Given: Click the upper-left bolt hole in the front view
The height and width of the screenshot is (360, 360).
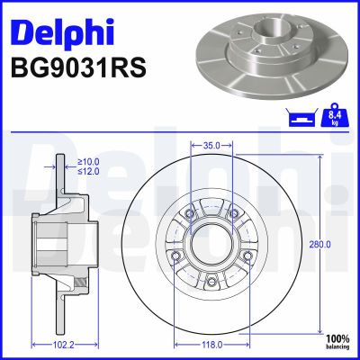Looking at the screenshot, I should [x=190, y=212].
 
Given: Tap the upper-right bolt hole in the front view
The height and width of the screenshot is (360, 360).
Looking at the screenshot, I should [x=234, y=212].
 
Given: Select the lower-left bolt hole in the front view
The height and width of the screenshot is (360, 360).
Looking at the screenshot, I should [x=176, y=256].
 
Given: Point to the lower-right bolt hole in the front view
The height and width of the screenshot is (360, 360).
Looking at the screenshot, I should [x=247, y=256].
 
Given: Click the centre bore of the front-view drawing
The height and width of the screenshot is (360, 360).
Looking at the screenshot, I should [x=212, y=243].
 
